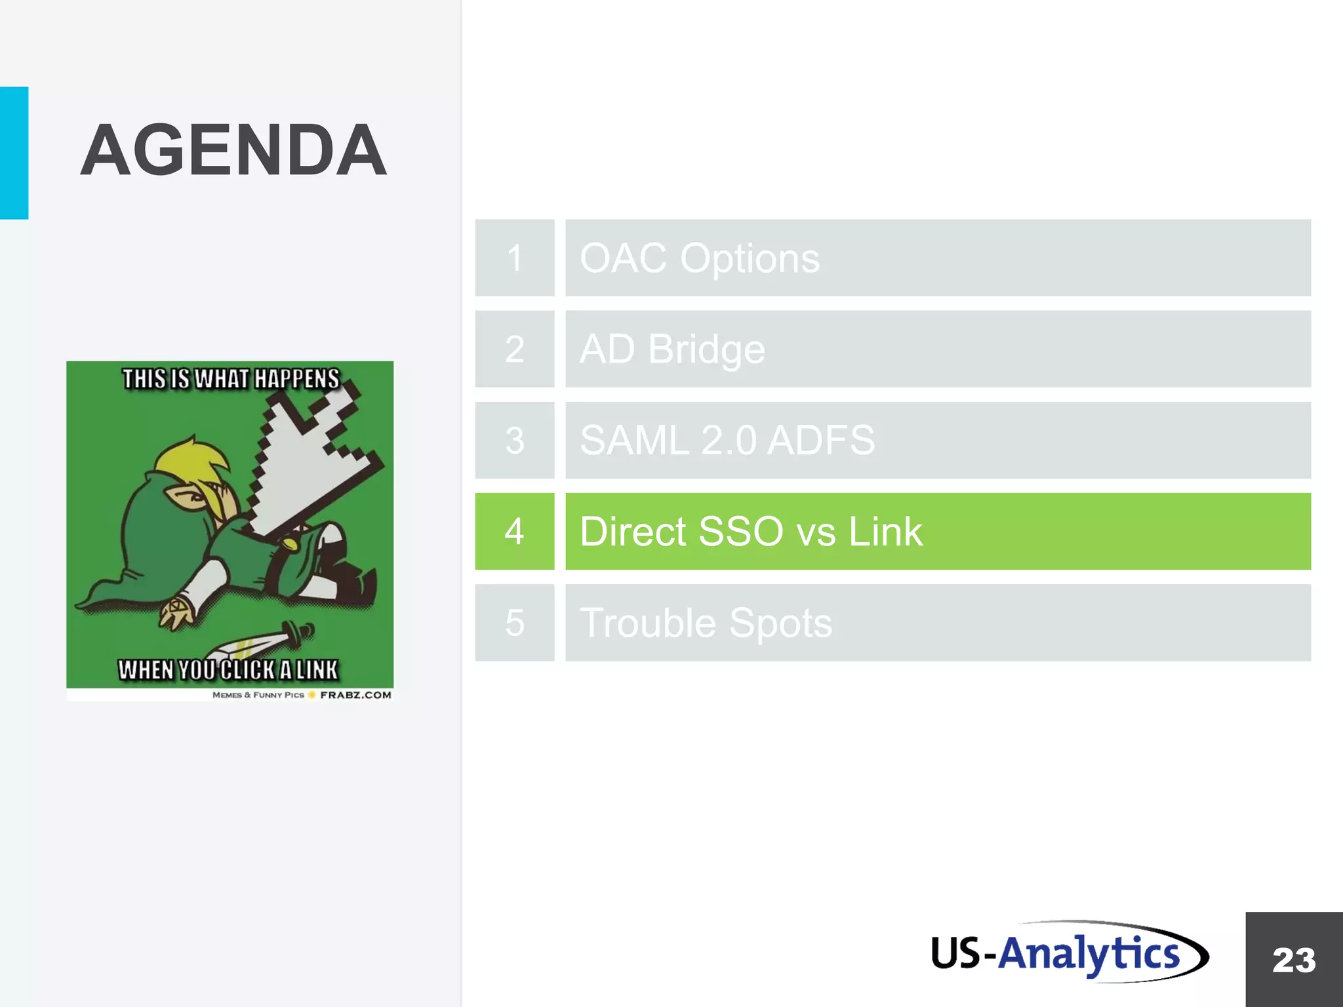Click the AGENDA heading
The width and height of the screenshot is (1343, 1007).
pos(233,151)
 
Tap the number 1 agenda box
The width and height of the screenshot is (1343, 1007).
pos(515,258)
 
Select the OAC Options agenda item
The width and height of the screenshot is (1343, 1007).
pos(700,258)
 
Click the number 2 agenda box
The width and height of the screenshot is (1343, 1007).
pos(515,349)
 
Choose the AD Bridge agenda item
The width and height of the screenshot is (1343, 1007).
pos(672,349)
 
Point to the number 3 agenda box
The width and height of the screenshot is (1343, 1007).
pos(515,440)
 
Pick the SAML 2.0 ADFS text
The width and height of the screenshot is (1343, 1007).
pos(727,440)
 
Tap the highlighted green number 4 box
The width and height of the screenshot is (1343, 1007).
pos(515,531)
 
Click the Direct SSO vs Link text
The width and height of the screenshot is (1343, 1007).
pos(751,531)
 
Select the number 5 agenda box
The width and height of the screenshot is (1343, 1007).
pos(515,622)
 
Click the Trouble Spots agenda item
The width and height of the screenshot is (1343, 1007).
pos(706,622)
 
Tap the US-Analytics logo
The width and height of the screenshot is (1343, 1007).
pos(1069,952)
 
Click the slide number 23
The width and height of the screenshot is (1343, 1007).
pos(1294,960)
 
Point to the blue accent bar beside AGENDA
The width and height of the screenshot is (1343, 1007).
pos(14,153)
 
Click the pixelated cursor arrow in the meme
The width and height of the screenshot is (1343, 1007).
pos(308,459)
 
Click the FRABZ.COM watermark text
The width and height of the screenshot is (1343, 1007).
pos(355,695)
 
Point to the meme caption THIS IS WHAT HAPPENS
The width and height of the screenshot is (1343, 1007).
pos(231,379)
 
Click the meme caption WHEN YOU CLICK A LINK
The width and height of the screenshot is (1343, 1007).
pos(228,669)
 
